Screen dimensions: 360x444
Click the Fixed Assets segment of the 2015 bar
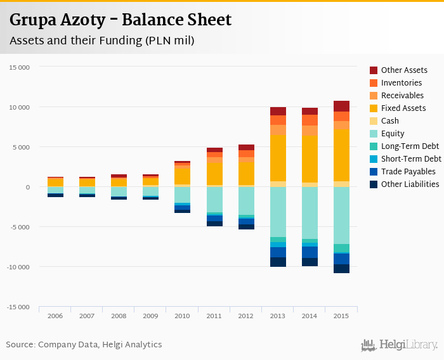point(341,155)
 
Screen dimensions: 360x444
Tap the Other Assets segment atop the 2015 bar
point(341,106)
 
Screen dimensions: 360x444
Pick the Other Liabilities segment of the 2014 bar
point(310,262)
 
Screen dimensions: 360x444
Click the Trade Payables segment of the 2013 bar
point(278,252)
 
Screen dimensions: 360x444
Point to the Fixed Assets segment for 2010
point(183,175)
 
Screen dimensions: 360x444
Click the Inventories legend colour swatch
point(374,83)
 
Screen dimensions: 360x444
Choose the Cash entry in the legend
point(390,121)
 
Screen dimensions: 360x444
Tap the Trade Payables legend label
point(408,172)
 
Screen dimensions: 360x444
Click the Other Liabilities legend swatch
point(374,184)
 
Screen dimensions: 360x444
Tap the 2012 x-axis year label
point(246,316)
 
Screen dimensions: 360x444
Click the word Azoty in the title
point(84,20)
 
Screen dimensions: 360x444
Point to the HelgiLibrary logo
point(399,345)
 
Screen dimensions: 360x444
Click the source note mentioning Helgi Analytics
point(84,345)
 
